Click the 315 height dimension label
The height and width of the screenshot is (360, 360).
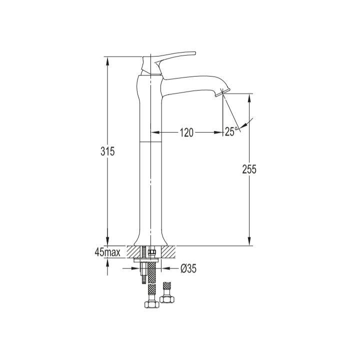[107, 151]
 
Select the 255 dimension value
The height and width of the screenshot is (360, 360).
[249, 169]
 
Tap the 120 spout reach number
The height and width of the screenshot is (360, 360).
[186, 132]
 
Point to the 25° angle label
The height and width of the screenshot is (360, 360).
[231, 131]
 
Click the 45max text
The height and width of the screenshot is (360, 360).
[107, 252]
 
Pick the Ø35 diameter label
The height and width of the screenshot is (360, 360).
[188, 268]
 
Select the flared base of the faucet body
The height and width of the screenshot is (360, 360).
[150, 240]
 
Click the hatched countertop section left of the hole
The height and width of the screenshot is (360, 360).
[133, 251]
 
